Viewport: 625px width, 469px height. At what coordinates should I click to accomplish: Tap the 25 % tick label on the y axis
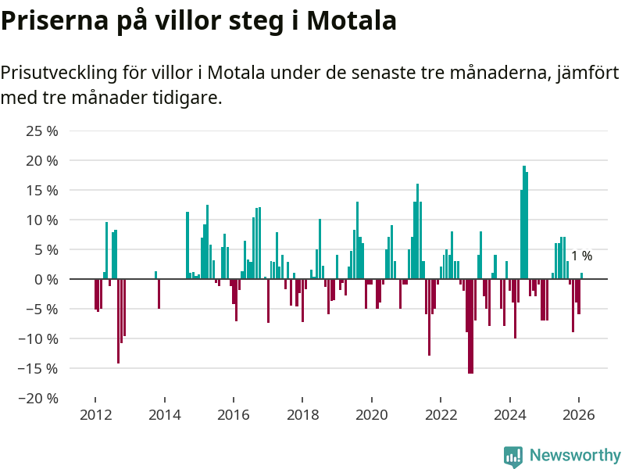coord(42,131)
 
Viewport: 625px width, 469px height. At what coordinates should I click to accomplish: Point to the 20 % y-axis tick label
coord(42,160)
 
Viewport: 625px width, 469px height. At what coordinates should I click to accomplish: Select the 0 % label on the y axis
coord(46,279)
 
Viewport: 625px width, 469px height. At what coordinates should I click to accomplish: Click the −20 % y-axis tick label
coord(38,398)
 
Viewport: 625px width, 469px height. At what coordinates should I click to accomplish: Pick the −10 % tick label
coord(38,338)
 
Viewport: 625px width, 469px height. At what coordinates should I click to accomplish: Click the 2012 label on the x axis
coord(95,415)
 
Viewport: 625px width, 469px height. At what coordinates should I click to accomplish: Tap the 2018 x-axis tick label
coord(302,415)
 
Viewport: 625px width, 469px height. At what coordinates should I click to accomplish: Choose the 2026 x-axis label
coord(579,415)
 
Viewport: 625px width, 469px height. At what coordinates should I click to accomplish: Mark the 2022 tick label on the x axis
coord(441,415)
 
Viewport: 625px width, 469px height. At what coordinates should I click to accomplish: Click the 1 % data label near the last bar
coord(581,256)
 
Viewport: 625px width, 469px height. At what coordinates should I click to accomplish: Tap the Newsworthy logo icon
coord(513,456)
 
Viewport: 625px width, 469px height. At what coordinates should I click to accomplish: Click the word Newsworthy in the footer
coord(575,455)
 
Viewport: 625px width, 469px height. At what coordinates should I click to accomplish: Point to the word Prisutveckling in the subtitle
coord(58,73)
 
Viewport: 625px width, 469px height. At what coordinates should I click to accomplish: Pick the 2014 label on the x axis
coord(164,415)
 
